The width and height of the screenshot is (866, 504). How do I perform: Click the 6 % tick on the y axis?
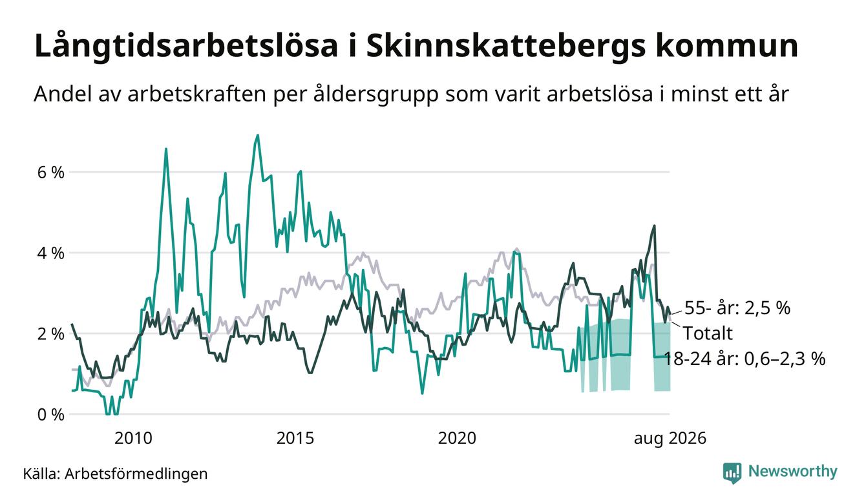50,173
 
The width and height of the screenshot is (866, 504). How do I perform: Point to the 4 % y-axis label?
50,253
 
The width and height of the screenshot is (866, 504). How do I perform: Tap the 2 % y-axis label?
50,334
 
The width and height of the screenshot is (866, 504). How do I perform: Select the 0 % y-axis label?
50,415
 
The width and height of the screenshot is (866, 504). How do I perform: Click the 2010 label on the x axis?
133,438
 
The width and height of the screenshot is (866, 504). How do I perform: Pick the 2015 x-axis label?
295,438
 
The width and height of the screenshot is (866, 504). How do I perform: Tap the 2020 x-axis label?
457,438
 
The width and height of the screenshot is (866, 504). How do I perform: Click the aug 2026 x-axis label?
670,438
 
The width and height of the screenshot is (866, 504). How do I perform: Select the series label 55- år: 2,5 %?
737,308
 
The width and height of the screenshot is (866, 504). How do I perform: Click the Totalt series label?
708,333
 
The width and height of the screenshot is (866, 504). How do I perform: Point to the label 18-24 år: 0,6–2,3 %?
745,359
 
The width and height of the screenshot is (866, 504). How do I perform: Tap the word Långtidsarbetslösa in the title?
186,46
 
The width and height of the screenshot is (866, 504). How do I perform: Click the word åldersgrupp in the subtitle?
375,94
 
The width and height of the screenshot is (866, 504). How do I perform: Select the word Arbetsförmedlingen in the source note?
136,474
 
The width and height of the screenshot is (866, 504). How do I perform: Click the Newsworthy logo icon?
732,473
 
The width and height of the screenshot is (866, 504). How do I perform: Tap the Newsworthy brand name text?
793,472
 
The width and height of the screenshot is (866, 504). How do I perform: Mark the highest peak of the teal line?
258,135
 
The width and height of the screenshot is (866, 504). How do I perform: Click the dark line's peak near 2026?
654,226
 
